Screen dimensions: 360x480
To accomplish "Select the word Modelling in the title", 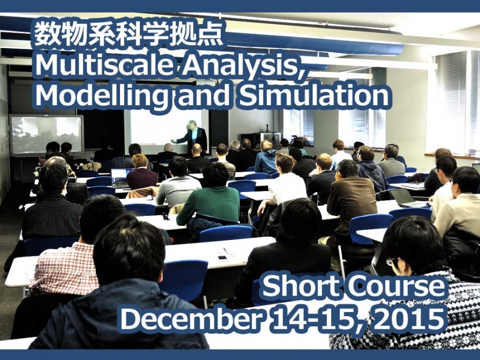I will click(103, 96).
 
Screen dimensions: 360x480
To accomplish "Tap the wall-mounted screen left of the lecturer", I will click(46, 134).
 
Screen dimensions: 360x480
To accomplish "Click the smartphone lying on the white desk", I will click(222, 258).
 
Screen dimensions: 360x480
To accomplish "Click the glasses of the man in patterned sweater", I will click(391, 261).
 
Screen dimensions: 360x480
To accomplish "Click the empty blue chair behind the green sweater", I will click(225, 233).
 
